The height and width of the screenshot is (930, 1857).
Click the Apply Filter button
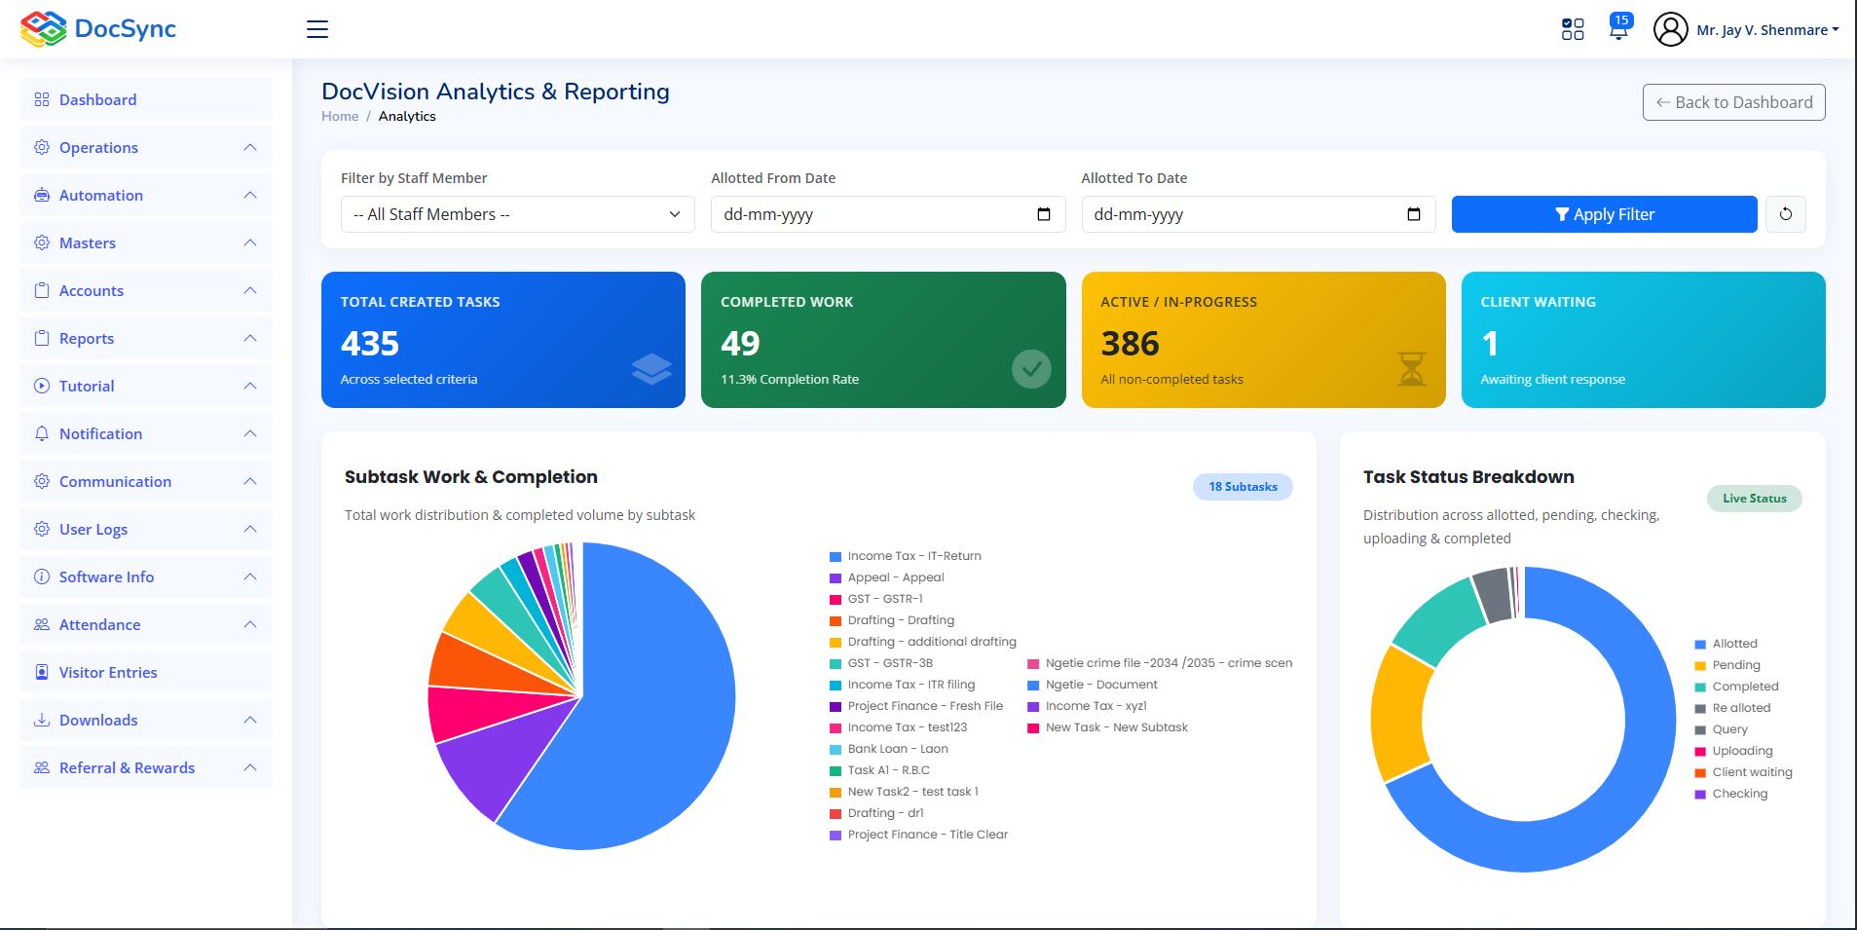pyautogui.click(x=1604, y=214)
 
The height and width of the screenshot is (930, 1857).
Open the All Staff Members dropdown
pyautogui.click(x=517, y=214)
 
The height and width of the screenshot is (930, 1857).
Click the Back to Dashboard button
pyautogui.click(x=1733, y=102)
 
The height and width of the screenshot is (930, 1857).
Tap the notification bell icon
pyautogui.click(x=1618, y=28)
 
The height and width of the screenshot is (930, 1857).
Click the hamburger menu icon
pyautogui.click(x=317, y=29)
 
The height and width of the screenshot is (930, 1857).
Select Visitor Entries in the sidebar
pyautogui.click(x=108, y=672)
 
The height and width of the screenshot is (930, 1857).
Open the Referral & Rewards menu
pyautogui.click(x=127, y=767)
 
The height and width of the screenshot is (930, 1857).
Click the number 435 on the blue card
pyautogui.click(x=370, y=343)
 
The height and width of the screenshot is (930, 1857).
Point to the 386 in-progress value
pyautogui.click(x=1130, y=343)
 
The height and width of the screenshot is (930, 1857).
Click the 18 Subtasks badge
pyautogui.click(x=1243, y=487)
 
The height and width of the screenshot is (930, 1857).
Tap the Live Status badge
pyautogui.click(x=1754, y=499)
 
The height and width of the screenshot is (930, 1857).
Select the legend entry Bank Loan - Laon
pyautogui.click(x=889, y=749)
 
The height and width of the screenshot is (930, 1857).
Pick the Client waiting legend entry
pyautogui.click(x=1744, y=772)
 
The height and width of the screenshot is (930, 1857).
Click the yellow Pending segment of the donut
pyautogui.click(x=1400, y=713)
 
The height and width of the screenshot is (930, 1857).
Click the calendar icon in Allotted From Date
pyautogui.click(x=1044, y=214)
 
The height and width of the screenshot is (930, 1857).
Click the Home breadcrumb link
pyautogui.click(x=340, y=116)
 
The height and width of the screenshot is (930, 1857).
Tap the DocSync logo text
pyautogui.click(x=125, y=29)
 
